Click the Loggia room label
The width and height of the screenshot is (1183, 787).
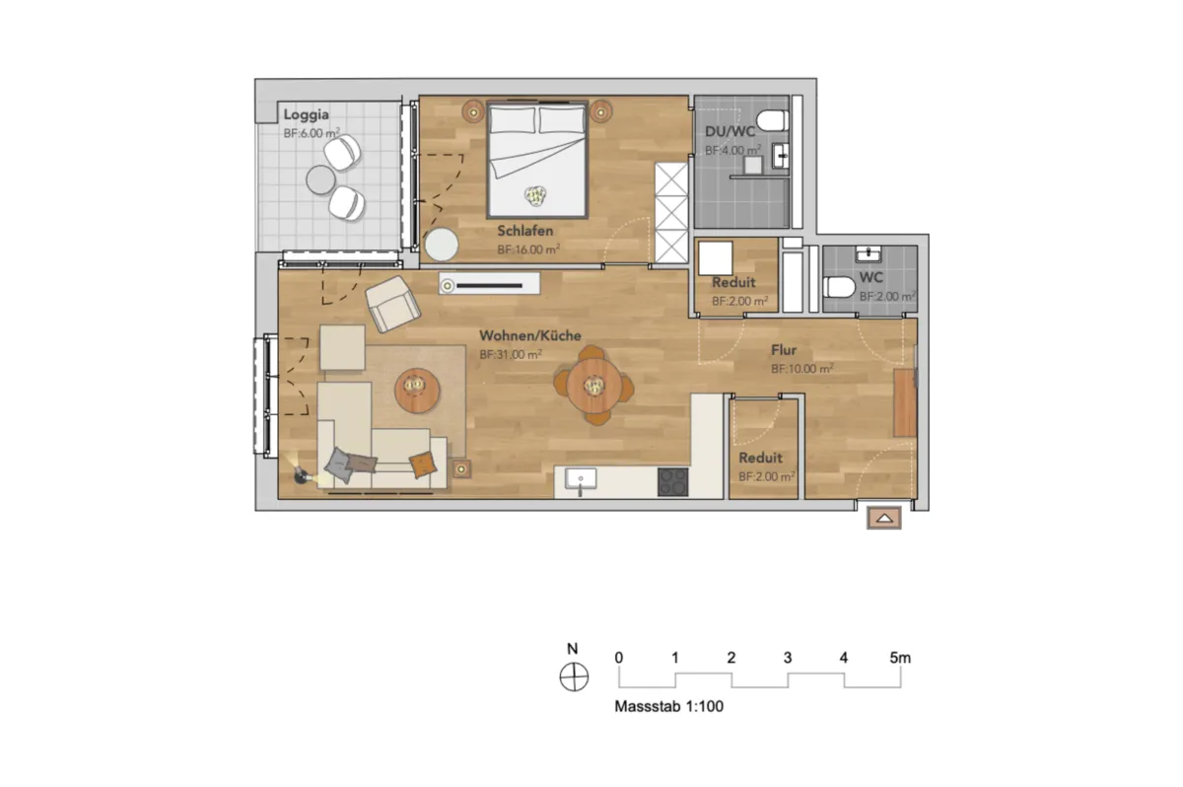coord(306,114)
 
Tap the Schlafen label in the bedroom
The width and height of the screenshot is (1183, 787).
coord(524,231)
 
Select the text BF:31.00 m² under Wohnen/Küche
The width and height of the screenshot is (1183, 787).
coord(511,354)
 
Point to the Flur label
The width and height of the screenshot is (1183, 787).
coord(784,350)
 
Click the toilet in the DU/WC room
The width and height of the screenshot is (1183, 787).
coord(772,120)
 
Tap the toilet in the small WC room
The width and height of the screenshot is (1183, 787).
coord(839,287)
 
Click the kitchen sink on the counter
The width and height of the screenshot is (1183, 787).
coord(581,478)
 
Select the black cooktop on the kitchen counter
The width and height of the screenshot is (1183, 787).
coord(672,481)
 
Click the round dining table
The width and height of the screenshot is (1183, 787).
coord(594,385)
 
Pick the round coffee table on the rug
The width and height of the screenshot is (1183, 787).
coord(417,391)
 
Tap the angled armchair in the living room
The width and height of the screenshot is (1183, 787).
coord(392,304)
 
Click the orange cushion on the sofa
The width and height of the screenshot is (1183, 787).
coord(423,465)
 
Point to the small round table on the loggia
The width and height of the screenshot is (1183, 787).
coord(320,179)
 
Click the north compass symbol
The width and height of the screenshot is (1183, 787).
coord(574,677)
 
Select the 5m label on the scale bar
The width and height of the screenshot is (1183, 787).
coord(900,658)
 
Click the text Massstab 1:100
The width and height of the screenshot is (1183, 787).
coord(668,706)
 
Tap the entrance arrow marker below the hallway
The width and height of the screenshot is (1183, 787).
coord(884,518)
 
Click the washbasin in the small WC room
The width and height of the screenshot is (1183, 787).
coord(869,254)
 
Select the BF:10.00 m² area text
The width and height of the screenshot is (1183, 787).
coord(802,368)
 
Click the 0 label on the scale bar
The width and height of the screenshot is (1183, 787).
coord(618,658)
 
